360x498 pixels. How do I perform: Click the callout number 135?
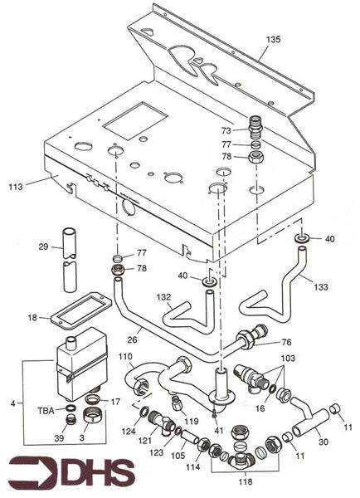tap(274, 40)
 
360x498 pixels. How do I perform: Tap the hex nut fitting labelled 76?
tap(248, 340)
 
